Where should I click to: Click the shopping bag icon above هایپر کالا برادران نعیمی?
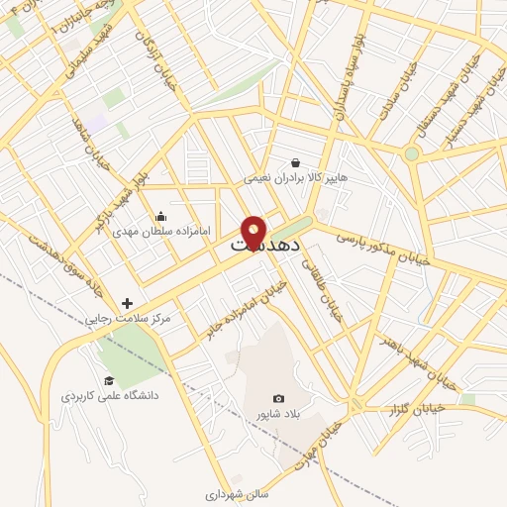[x=296, y=163]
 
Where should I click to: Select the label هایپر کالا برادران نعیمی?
[x=296, y=178]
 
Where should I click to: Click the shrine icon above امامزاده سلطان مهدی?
[x=161, y=217]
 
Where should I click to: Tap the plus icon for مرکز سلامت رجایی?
[x=128, y=303]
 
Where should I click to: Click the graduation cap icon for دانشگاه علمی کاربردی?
[x=107, y=380]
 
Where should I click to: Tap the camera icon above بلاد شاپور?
[x=277, y=397]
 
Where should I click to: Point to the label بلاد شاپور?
[x=271, y=411]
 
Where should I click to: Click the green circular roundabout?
[x=412, y=153]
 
